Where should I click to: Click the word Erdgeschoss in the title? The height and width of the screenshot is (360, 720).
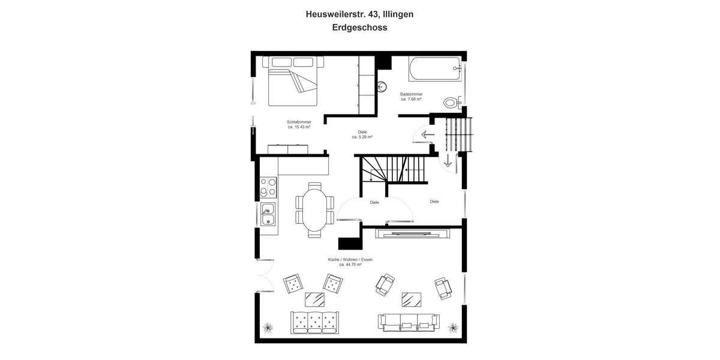click(359, 27)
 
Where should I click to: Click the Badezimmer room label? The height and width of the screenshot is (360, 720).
click(411, 94)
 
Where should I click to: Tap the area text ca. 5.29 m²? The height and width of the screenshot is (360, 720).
click(362, 137)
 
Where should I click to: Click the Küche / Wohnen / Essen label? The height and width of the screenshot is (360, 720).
click(350, 259)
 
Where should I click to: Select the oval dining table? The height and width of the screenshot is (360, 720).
click(315, 209)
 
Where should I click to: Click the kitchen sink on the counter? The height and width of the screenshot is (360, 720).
click(268, 212)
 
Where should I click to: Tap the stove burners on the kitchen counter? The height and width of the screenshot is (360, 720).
click(268, 187)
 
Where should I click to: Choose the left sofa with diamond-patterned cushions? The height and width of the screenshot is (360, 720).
click(314, 322)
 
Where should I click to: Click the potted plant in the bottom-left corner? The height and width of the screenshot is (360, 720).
click(268, 328)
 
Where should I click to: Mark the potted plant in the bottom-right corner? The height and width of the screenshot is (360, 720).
click(453, 328)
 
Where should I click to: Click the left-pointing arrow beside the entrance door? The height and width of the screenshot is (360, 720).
click(428, 134)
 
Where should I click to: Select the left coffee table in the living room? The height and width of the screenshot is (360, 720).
click(315, 298)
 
